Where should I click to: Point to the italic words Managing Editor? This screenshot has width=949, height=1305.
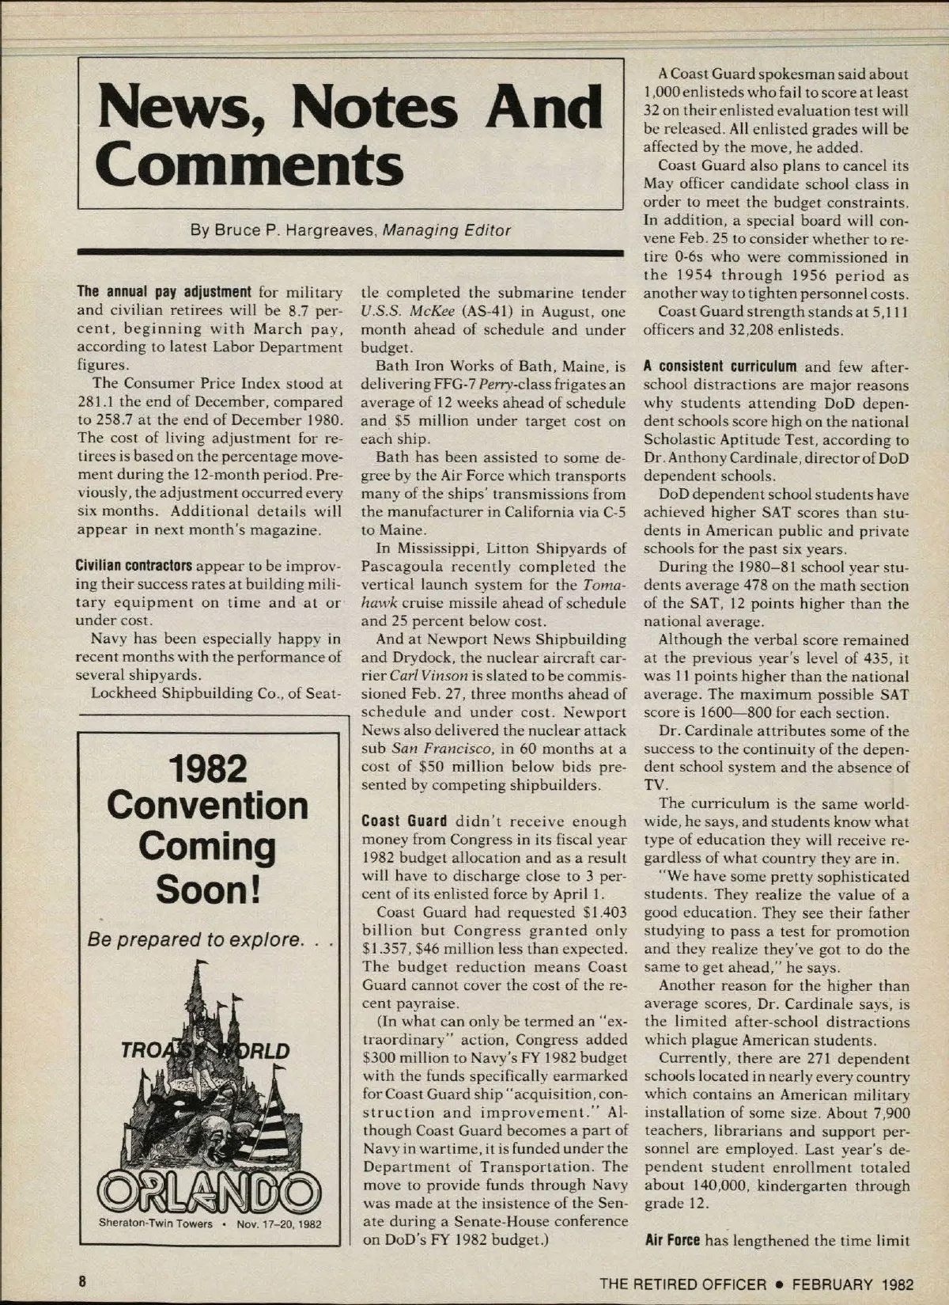(447, 231)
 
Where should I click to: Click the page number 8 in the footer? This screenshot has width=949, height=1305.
(81, 1281)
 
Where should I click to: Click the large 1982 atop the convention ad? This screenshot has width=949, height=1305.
(208, 767)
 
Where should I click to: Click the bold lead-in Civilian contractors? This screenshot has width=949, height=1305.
(134, 567)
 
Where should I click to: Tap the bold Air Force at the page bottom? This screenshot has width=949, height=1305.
(672, 1239)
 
